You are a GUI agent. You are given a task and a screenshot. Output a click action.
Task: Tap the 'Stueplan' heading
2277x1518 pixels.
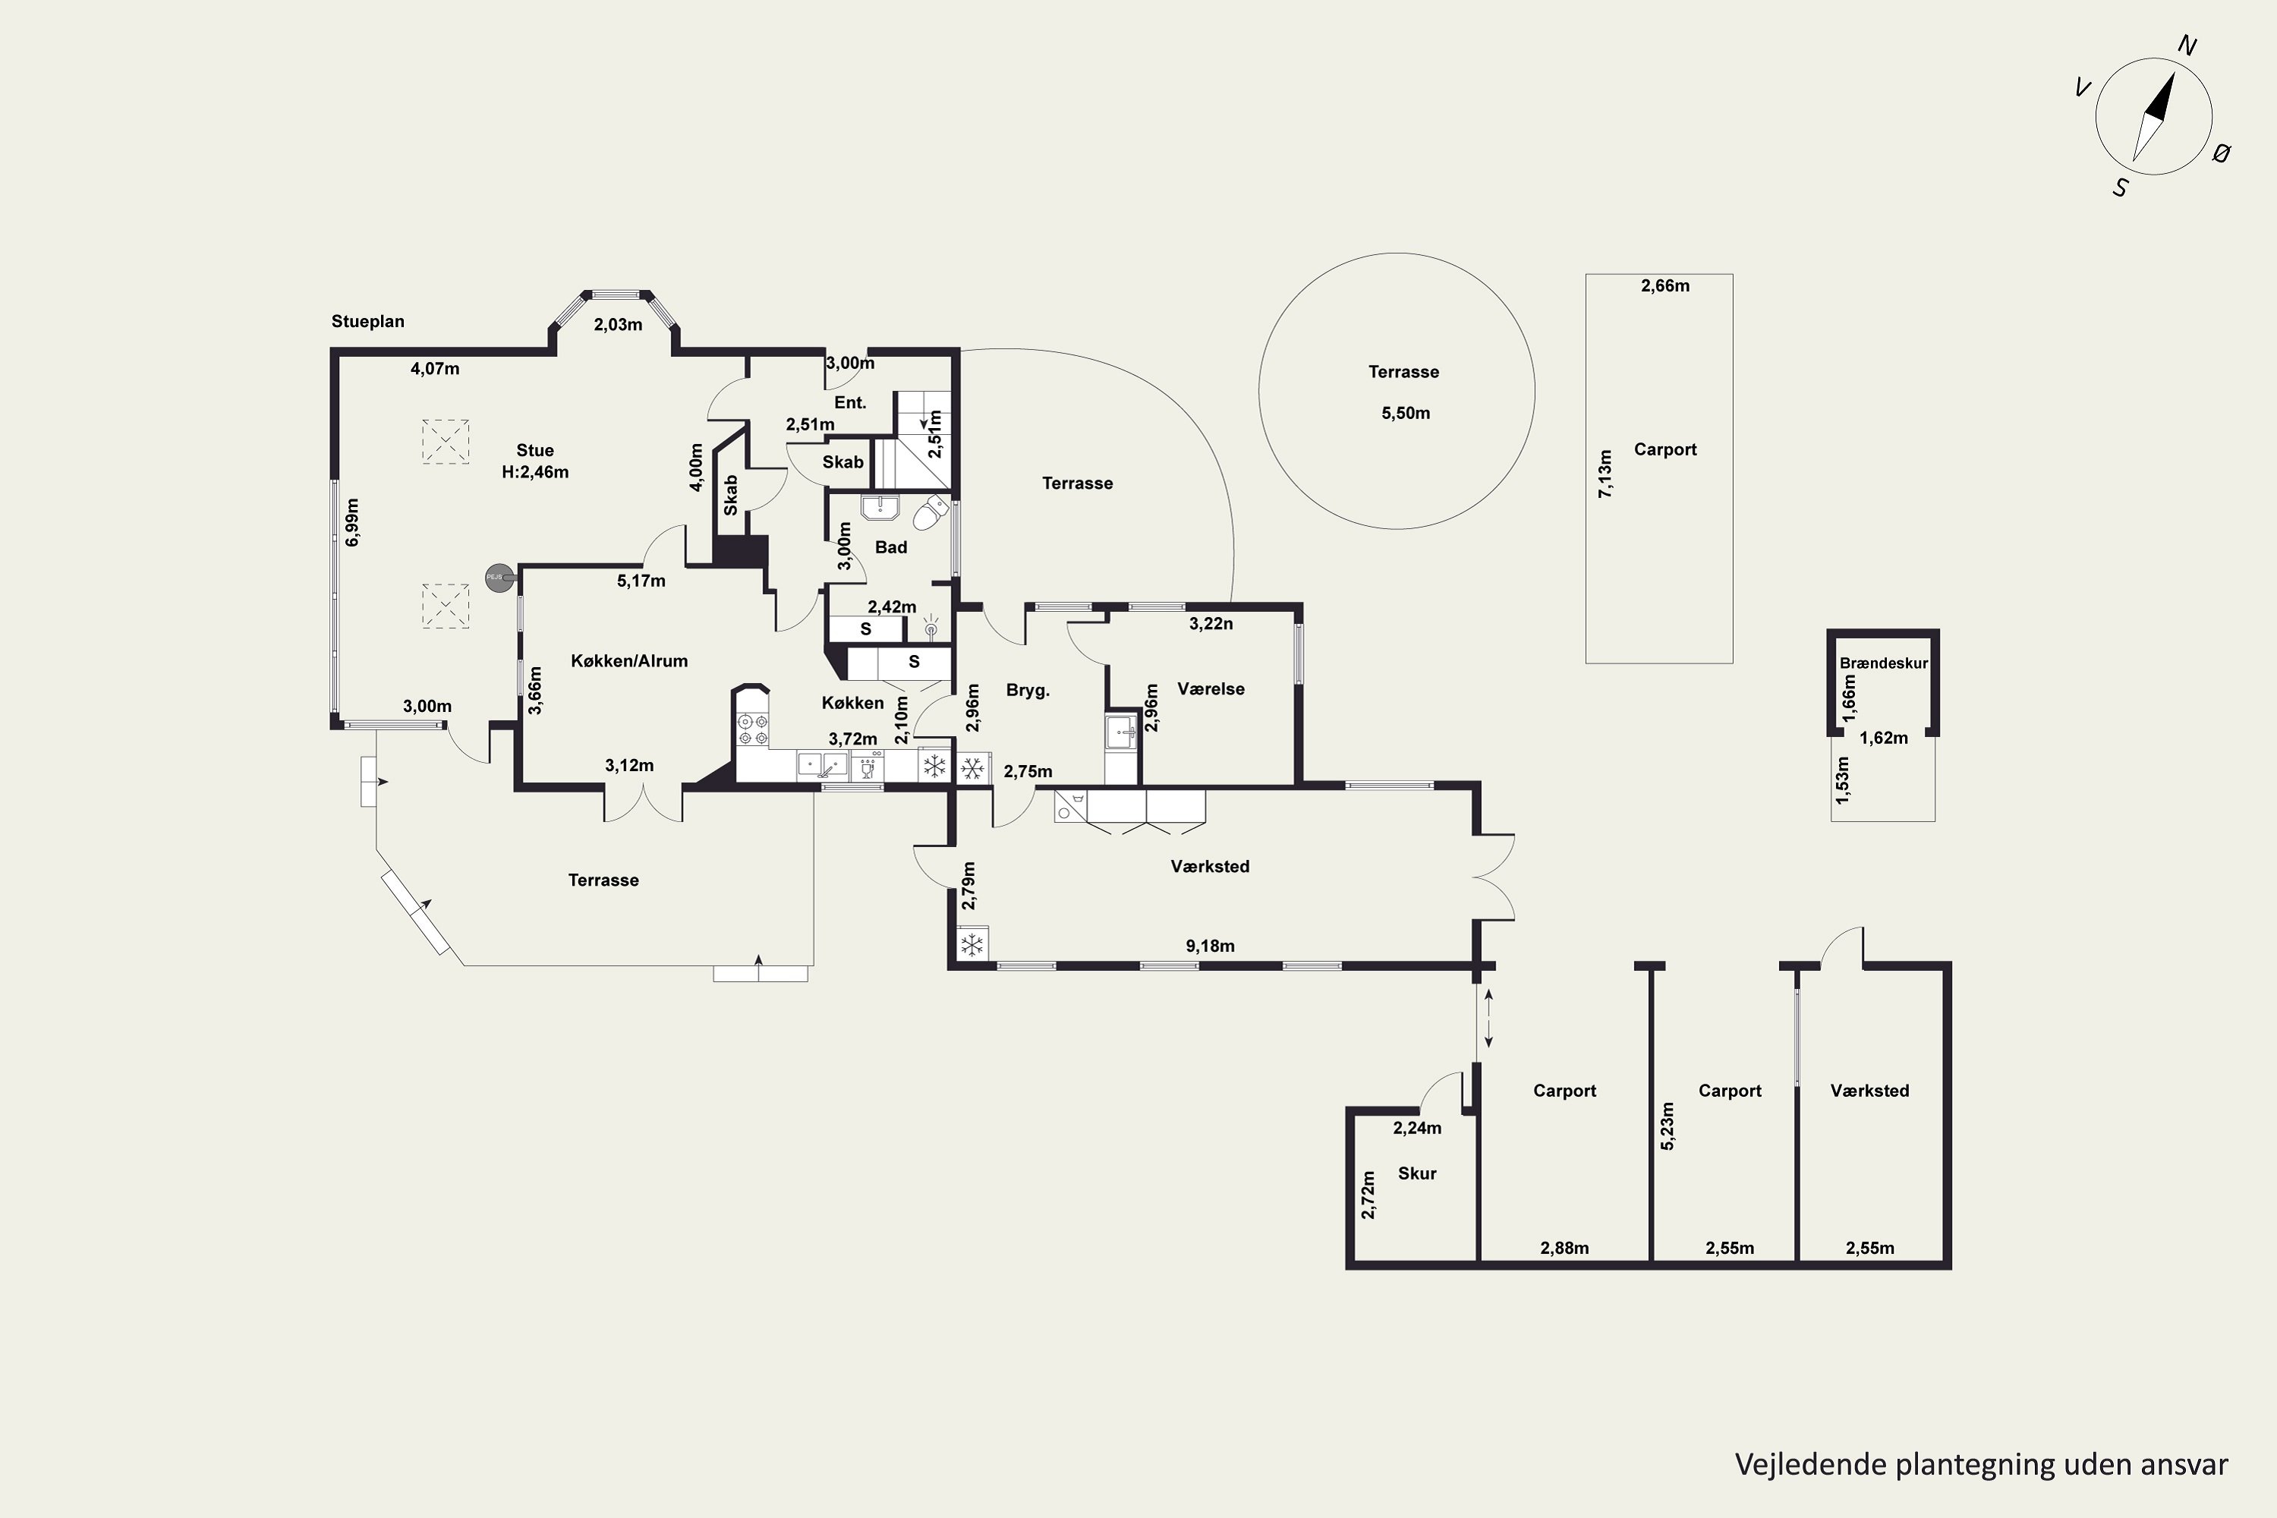[x=368, y=321]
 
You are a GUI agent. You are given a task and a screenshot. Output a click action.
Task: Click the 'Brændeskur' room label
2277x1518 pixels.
[x=1884, y=663]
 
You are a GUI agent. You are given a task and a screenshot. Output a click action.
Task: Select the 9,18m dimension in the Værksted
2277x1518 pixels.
[x=1210, y=946]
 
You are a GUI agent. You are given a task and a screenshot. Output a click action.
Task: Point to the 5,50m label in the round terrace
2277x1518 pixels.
[x=1406, y=414]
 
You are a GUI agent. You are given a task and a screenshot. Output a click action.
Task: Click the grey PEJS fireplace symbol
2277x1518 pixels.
[x=499, y=577]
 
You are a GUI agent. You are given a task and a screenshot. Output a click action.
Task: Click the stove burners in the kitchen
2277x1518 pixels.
[x=752, y=730]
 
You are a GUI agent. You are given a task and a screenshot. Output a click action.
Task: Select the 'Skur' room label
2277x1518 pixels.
[x=1417, y=1173]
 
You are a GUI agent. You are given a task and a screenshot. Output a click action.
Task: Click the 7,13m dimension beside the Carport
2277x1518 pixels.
[x=1605, y=474]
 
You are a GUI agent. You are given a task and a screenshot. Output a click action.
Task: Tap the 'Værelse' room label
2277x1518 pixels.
[x=1211, y=689]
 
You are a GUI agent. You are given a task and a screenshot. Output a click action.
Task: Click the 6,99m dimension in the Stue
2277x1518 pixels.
[x=352, y=523]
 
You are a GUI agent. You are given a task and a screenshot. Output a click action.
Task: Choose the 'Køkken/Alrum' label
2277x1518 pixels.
[x=629, y=661]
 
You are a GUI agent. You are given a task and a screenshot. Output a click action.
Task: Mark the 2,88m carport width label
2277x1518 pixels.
[x=1564, y=1248]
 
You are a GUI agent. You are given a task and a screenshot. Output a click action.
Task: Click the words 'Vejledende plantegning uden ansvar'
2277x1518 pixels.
[x=1982, y=1465]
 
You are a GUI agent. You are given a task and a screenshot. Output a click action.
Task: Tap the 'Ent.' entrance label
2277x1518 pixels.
[x=850, y=403]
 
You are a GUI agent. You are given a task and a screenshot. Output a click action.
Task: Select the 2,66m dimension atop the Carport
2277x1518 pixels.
[x=1665, y=285]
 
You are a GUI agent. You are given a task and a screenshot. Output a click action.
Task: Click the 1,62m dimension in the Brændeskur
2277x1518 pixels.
[x=1884, y=738]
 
